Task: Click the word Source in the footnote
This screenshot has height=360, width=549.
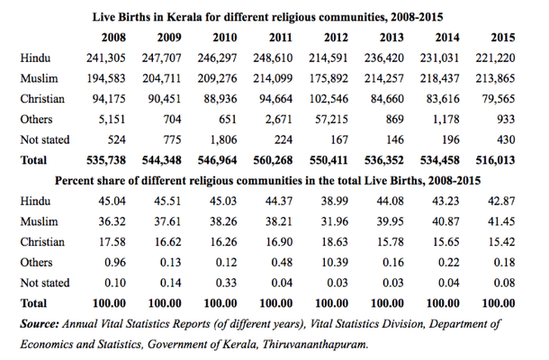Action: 41,322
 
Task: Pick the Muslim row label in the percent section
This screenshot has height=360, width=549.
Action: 40,221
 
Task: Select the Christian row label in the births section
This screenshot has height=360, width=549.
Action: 42,99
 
